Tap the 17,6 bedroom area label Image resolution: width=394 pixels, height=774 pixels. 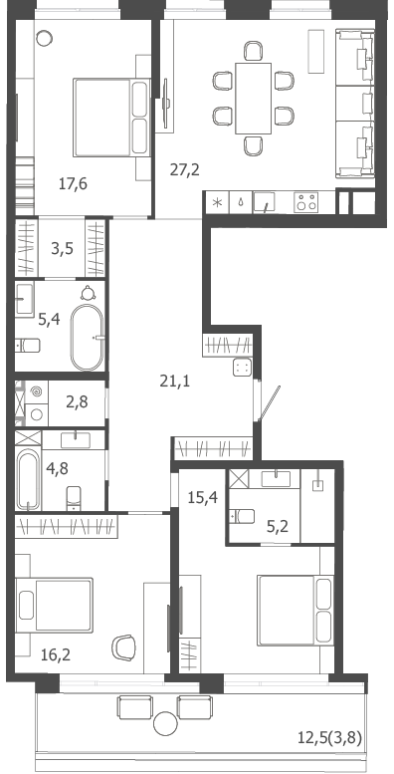point(73,184)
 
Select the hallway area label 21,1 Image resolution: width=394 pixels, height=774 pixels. point(175,381)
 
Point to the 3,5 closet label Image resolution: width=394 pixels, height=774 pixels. point(62,248)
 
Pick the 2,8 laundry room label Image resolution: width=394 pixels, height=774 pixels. point(77,402)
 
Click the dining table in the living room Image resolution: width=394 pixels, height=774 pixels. point(253,99)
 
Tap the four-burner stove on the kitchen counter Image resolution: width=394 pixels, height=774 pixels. point(305,202)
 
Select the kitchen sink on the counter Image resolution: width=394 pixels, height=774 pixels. point(267,202)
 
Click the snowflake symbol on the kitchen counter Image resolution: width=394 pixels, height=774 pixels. point(217,203)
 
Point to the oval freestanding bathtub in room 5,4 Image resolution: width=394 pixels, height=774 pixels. point(87,337)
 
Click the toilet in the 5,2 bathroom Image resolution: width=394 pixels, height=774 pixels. point(242,516)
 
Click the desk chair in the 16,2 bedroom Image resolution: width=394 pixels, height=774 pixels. point(123,647)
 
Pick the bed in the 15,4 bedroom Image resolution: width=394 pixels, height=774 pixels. point(295,610)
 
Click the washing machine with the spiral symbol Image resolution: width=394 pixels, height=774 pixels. point(36,391)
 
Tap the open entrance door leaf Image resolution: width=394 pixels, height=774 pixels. point(270,403)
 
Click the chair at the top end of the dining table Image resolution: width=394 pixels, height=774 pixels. point(253,51)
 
